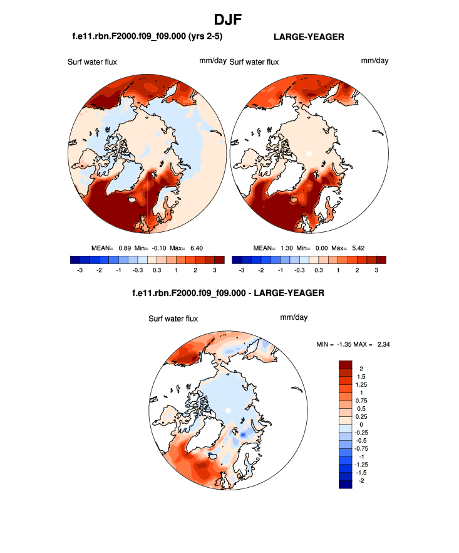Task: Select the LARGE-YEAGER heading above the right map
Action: (x=309, y=37)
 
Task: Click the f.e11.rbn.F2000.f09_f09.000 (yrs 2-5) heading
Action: (x=148, y=37)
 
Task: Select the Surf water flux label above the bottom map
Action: (x=173, y=319)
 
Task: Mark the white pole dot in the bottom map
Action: (x=229, y=409)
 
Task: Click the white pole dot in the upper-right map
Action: (x=309, y=152)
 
